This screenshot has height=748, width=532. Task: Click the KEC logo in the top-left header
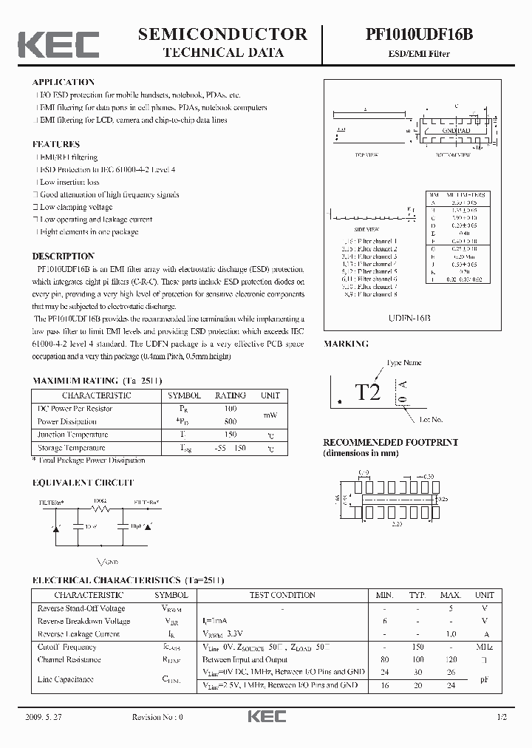pyautogui.click(x=58, y=44)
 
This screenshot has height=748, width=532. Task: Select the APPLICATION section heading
pyautogui.click(x=64, y=82)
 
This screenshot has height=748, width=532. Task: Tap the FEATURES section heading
pyautogui.click(x=55, y=144)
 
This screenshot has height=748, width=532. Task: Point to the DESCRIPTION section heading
pyautogui.click(x=63, y=256)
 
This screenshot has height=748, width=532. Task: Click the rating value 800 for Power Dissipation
pyautogui.click(x=230, y=421)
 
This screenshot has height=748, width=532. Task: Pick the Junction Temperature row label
pyautogui.click(x=72, y=435)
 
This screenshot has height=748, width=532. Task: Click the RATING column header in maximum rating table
pyautogui.click(x=230, y=395)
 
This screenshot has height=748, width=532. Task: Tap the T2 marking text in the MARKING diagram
pyautogui.click(x=367, y=392)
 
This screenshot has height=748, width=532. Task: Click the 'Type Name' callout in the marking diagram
pyautogui.click(x=405, y=363)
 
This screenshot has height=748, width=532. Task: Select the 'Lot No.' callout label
pyautogui.click(x=431, y=419)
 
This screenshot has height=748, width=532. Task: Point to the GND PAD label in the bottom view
pyautogui.click(x=456, y=130)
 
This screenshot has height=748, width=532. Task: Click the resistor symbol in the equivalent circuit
pyautogui.click(x=100, y=509)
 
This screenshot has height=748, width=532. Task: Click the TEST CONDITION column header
pyautogui.click(x=282, y=595)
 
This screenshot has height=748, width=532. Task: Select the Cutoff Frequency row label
pyautogui.click(x=67, y=647)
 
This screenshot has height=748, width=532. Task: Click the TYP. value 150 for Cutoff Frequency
pyautogui.click(x=417, y=647)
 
